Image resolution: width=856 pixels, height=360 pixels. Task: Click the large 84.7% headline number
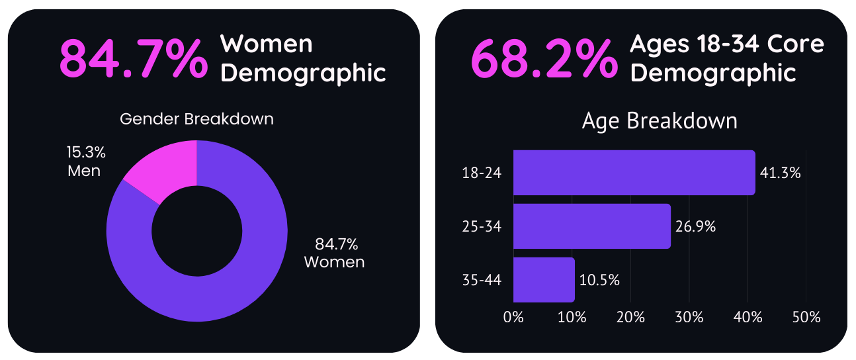point(132,59)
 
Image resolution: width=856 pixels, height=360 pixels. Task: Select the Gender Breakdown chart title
point(196,120)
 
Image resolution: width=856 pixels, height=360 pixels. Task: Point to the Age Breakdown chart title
point(660,121)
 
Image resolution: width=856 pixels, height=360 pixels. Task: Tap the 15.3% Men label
point(86,161)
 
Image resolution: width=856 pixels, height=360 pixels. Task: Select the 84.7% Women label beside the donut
point(334,253)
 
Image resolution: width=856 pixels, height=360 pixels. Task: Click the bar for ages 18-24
point(634,173)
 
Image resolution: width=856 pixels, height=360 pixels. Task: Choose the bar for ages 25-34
point(591,226)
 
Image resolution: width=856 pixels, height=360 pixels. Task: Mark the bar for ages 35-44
point(544,280)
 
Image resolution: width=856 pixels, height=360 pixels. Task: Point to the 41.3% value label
point(781,173)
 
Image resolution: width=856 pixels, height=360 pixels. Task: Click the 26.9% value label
point(696,227)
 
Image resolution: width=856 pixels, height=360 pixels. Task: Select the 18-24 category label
point(482,173)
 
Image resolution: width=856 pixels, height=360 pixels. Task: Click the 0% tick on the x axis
point(513,317)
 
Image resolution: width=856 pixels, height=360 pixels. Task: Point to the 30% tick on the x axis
point(689,317)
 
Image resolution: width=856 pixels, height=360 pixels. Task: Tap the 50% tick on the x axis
point(806,317)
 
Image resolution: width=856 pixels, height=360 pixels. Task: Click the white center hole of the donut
point(196,232)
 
